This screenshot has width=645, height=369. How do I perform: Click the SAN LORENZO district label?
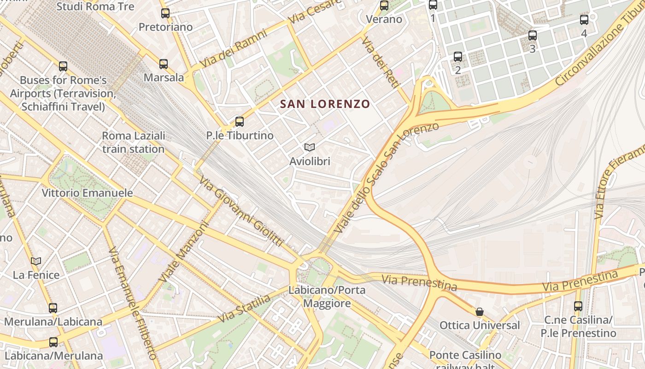(325, 104)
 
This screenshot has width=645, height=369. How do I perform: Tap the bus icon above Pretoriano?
(165, 13)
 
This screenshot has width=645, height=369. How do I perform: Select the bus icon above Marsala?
(164, 64)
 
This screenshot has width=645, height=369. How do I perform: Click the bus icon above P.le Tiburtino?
(240, 122)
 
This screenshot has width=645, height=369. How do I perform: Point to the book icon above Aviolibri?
(310, 147)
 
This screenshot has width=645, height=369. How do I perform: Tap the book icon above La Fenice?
(36, 261)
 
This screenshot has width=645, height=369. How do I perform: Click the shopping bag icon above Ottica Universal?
(480, 312)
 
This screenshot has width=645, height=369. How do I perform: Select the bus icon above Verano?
(384, 6)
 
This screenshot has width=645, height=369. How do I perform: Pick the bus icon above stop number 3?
(533, 35)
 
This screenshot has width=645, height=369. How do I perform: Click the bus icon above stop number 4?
(584, 20)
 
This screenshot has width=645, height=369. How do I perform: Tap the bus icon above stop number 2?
(457, 57)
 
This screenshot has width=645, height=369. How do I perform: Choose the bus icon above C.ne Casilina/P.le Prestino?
(578, 306)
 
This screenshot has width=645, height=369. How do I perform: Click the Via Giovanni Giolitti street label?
(241, 211)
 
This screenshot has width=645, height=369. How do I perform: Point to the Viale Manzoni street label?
(183, 252)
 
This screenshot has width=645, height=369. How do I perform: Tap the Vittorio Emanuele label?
(87, 193)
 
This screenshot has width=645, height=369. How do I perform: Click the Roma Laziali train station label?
(133, 143)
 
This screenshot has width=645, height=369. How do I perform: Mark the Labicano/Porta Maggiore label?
(327, 297)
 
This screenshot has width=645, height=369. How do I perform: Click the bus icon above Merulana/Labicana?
(53, 308)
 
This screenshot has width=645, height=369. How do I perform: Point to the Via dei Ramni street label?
(234, 49)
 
